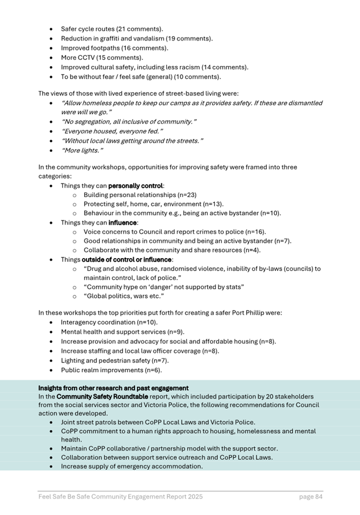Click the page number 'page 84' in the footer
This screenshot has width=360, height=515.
tap(310, 497)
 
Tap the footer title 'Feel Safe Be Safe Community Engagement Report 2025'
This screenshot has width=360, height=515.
tap(120, 497)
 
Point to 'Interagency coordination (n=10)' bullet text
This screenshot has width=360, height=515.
tap(109, 322)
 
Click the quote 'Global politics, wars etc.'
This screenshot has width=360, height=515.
tap(124, 295)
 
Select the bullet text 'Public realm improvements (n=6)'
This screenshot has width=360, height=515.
tap(111, 370)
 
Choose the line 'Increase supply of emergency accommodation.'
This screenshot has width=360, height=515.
tap(132, 466)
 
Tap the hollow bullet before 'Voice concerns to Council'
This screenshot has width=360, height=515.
tap(74, 232)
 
